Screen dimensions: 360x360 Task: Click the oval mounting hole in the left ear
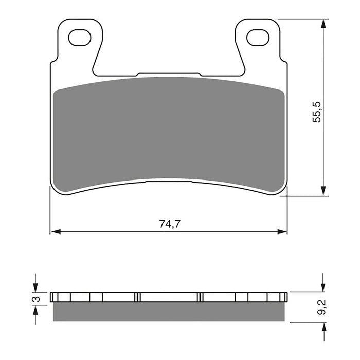click(79, 37)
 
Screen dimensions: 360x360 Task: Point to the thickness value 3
click(35, 298)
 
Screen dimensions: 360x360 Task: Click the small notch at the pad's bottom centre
click(169, 181)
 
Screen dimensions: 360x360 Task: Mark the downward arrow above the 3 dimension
click(35, 286)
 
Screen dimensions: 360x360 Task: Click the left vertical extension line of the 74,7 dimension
click(50, 211)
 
